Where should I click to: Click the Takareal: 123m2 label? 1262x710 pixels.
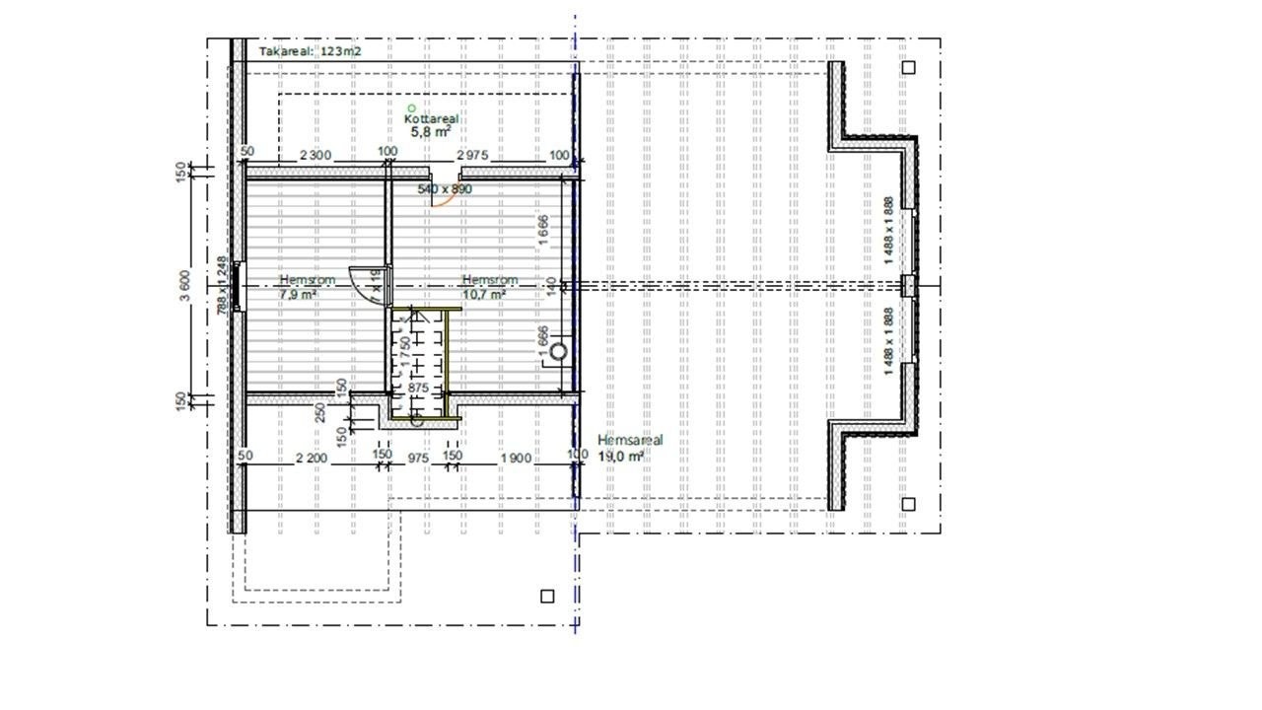[309, 51]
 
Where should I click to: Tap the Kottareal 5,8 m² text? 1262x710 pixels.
[431, 123]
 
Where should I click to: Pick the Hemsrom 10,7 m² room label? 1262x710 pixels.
[484, 286]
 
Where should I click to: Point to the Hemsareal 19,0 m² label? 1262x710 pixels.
[630, 448]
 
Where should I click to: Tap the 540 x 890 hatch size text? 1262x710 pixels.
[445, 188]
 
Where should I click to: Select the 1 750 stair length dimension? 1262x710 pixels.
[405, 352]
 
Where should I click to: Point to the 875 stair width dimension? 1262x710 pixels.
[417, 390]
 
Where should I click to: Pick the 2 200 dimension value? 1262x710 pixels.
[311, 458]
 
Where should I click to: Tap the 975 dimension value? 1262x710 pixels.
[418, 458]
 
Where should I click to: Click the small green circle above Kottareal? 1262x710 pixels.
[412, 107]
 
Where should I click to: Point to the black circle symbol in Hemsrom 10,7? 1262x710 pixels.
[560, 350]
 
